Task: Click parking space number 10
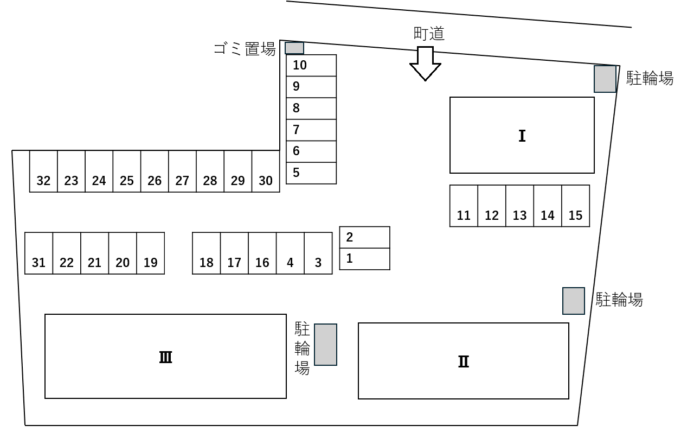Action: pos(311,66)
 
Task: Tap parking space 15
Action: pos(575,206)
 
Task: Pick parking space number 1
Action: pos(364,259)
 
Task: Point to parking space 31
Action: pos(38,253)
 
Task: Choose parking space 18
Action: pos(207,253)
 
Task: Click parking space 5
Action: pos(311,173)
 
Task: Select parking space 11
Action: pos(464,206)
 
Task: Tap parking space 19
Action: pos(150,253)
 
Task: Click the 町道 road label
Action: pos(428,34)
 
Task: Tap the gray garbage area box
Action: pos(294,48)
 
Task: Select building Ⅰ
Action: pos(522,135)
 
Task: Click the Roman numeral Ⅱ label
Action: pos(464,361)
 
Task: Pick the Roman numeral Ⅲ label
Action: pos(165,357)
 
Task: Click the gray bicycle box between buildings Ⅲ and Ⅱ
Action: pos(325,345)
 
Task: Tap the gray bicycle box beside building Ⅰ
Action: pos(605,79)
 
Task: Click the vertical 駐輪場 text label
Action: pos(302,348)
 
